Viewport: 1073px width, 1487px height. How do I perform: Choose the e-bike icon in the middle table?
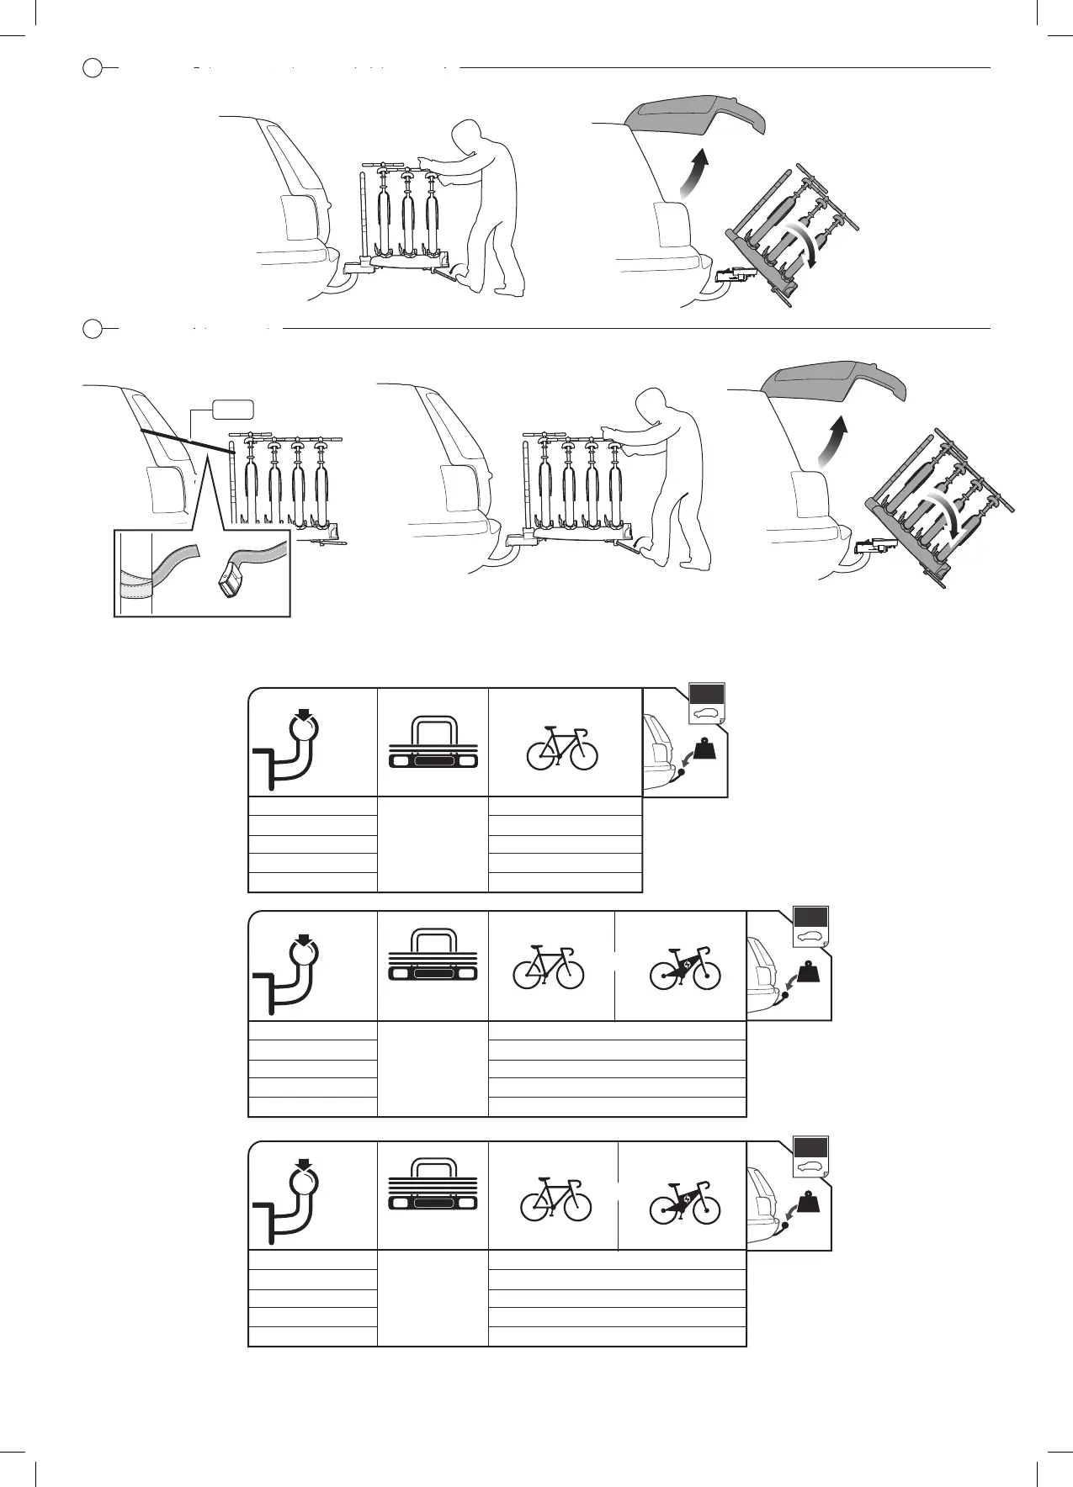point(685,967)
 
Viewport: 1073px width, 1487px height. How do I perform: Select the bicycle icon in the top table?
point(562,748)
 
